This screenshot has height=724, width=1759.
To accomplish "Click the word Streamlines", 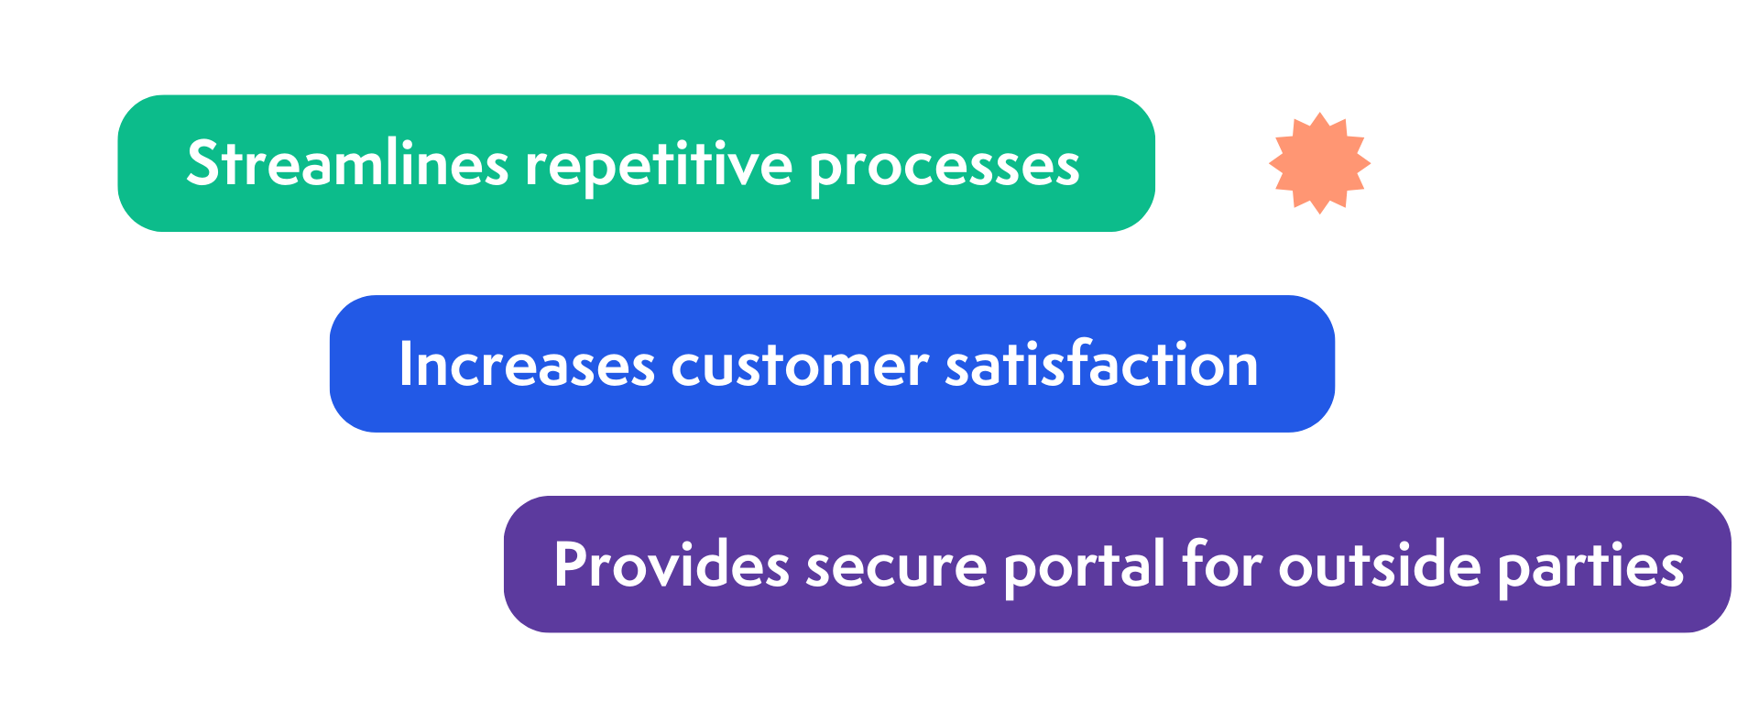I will click(346, 164).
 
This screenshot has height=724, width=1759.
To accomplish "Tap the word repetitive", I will click(658, 166).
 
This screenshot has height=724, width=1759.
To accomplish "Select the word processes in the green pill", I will click(944, 168).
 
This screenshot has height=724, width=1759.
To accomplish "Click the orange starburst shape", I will click(1319, 163).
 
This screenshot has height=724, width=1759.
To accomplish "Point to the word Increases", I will click(526, 365).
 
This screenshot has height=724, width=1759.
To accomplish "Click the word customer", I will click(800, 366).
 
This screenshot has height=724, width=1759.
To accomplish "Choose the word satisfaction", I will click(1101, 364).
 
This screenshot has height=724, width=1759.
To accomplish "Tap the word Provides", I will click(671, 565).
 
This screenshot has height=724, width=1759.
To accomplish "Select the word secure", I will click(895, 566).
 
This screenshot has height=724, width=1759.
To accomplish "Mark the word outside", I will click(1379, 565).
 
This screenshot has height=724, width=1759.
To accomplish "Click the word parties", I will click(1590, 566).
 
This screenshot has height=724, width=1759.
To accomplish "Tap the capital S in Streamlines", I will click(202, 164).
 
